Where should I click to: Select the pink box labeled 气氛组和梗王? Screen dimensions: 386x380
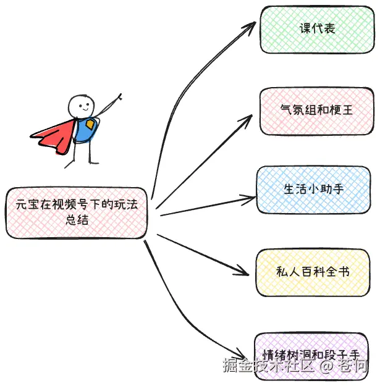(316, 111)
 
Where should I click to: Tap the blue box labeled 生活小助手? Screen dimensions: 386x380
(313, 189)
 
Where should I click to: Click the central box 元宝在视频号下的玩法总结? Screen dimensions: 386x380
(77, 212)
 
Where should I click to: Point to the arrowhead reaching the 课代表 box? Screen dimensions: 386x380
(251, 28)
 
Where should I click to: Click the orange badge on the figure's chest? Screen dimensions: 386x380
(90, 125)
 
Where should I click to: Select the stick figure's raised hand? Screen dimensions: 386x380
(119, 96)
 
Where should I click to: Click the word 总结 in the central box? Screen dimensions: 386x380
(77, 220)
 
